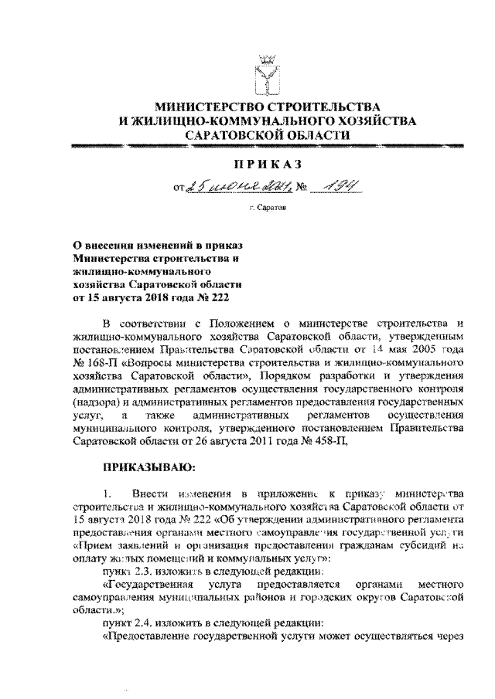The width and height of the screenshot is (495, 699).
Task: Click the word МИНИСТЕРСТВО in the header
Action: (x=207, y=104)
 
